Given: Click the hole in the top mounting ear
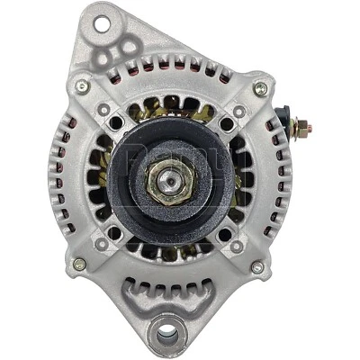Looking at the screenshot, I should pos(100,22).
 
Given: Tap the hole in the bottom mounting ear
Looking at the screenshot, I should pos(166,336).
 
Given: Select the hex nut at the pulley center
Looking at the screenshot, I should pos(170,180).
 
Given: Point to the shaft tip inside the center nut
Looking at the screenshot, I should pos(170,180).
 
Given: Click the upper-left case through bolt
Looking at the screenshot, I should pos(82,86).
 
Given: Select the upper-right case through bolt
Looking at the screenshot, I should pos(259,88).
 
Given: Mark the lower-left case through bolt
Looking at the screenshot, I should pos(79,265).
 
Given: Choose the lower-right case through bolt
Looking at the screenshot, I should pos(257,266).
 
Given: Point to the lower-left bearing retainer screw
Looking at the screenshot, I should pos(103,244).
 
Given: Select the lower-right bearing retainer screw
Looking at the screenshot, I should pos(236,245).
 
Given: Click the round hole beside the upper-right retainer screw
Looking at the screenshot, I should pos(225,124).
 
